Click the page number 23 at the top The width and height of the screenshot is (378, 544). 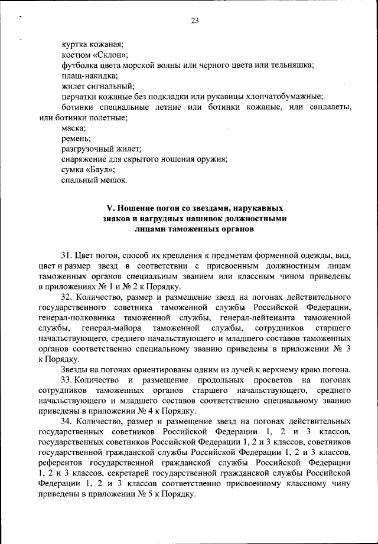194,22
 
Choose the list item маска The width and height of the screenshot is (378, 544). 73,128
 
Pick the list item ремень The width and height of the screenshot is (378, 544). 76,139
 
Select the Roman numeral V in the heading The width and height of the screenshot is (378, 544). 108,209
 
